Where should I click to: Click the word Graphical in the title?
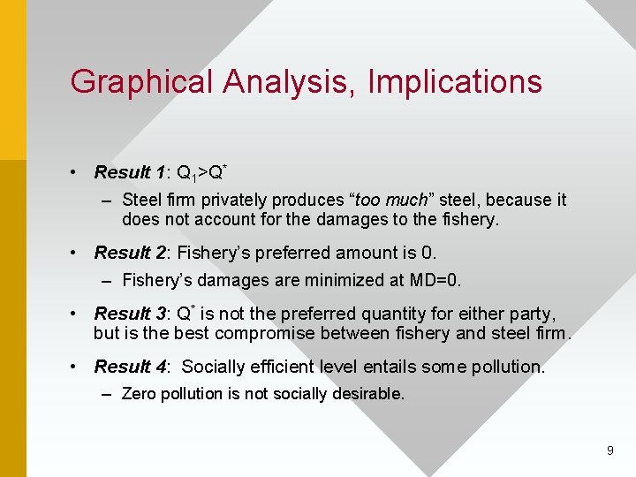(142, 82)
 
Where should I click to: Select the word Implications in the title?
(455, 82)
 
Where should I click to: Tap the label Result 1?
(131, 172)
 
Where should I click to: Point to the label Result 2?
(131, 253)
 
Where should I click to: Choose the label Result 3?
(131, 314)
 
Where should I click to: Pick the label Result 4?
(131, 366)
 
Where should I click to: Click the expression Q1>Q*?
(203, 171)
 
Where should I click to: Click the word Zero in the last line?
(139, 393)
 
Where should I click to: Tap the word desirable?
(368, 393)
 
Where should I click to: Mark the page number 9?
(609, 450)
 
